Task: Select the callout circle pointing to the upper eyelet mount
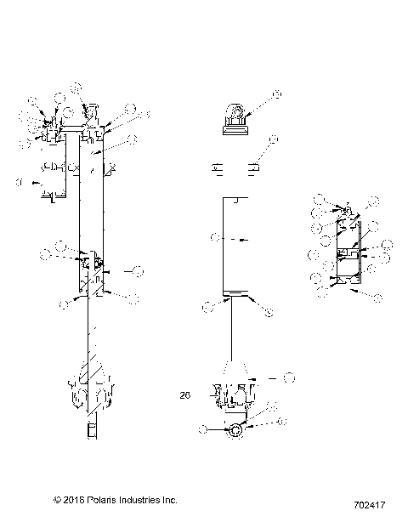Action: pos(276,94)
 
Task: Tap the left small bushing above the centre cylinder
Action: pos(217,167)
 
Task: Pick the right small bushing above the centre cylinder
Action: pos(252,167)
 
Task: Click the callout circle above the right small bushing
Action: pos(273,139)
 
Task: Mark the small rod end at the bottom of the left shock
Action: pos(91,431)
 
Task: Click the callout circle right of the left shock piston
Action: pos(139,270)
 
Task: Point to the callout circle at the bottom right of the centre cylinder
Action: pos(269,314)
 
